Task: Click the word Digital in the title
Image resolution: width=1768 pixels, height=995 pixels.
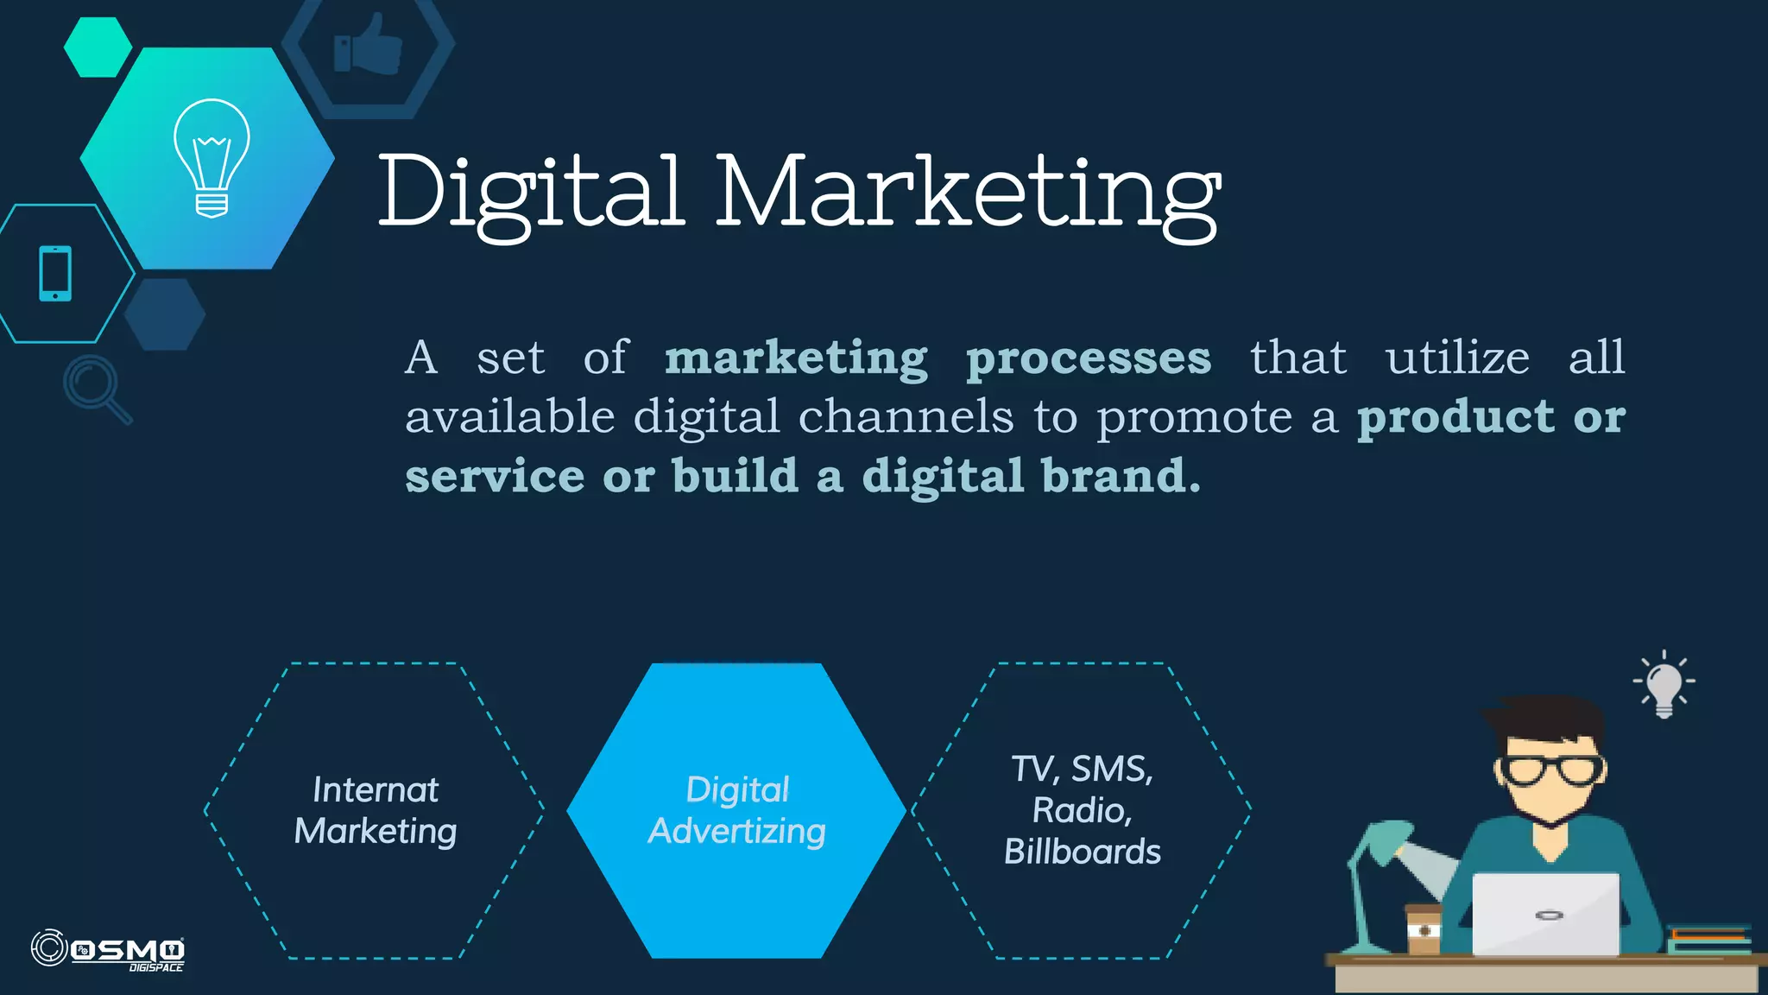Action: tap(531, 192)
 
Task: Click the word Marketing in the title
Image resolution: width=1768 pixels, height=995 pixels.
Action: tap(968, 192)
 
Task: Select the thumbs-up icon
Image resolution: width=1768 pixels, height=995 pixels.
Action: tap(368, 45)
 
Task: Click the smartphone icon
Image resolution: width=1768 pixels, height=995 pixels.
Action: tap(55, 274)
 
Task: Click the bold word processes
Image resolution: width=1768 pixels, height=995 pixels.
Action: tap(1088, 358)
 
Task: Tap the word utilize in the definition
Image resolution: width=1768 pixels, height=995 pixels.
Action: tap(1457, 357)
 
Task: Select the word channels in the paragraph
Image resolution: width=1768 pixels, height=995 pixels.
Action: tap(906, 417)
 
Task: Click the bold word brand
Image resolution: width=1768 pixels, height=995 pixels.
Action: tap(1120, 476)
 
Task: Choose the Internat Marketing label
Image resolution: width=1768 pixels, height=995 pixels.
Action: tap(376, 810)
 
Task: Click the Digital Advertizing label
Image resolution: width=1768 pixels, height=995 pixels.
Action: tap(737, 810)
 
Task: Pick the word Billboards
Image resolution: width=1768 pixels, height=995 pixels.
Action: tap(1083, 852)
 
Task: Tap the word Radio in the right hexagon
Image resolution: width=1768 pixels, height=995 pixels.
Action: tap(1079, 810)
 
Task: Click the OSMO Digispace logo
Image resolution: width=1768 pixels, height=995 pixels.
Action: tap(108, 950)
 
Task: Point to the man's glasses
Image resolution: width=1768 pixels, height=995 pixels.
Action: tap(1551, 768)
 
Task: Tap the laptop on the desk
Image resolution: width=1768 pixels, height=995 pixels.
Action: tap(1545, 914)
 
